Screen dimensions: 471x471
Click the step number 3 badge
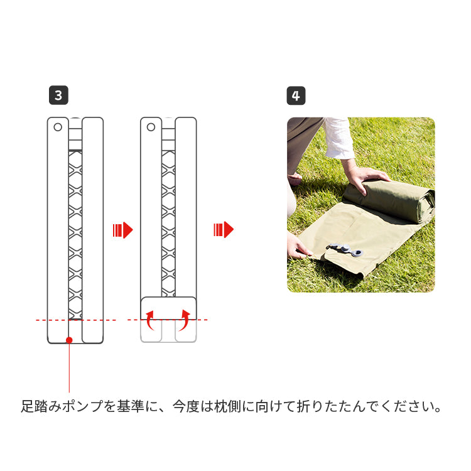click(58, 95)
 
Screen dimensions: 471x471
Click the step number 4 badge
click(296, 95)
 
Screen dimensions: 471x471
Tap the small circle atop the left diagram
click(58, 127)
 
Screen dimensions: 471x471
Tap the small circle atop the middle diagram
click(151, 127)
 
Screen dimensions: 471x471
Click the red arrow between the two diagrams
click(123, 230)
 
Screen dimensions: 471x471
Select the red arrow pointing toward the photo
click(224, 230)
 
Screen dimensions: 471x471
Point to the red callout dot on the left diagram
click(69, 340)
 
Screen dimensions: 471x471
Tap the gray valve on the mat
click(345, 249)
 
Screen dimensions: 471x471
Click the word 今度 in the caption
click(187, 406)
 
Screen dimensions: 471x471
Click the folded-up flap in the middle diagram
click(168, 308)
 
